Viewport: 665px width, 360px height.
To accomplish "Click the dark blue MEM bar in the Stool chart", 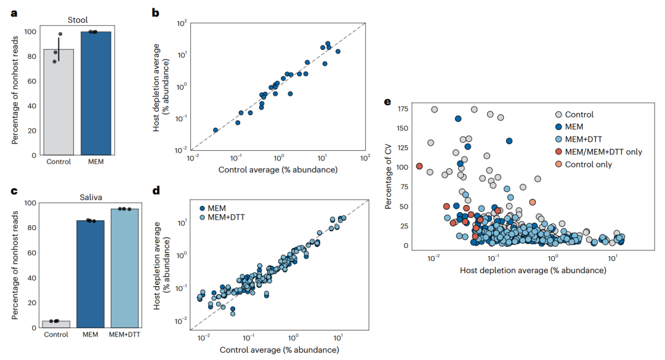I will tap(96, 93).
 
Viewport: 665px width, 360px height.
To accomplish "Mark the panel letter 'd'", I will tap(156, 191).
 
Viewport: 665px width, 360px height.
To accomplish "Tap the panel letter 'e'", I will tap(388, 102).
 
